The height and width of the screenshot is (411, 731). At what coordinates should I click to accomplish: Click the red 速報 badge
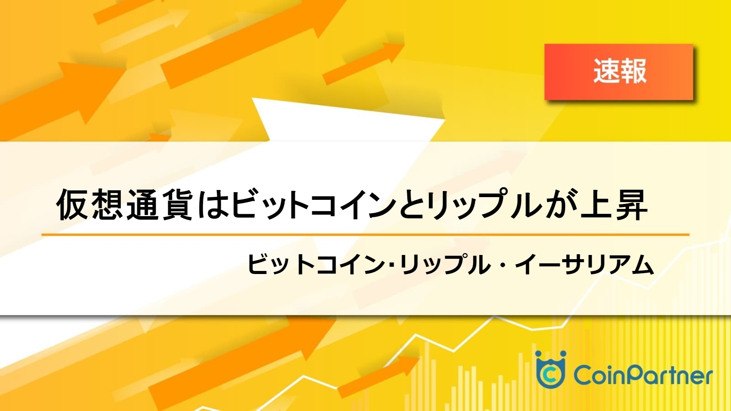point(619,72)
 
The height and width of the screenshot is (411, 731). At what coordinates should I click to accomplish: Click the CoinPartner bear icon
point(550,369)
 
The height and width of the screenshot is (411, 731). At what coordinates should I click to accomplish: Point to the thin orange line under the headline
point(365,235)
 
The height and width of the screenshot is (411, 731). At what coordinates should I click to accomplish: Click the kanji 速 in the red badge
point(606,72)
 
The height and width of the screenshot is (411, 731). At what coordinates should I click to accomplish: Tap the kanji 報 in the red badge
point(633,72)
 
